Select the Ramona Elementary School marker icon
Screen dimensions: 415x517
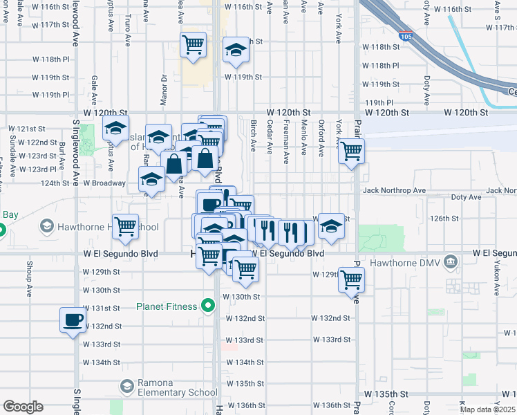pos(126,386)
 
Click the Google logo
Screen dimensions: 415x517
pos(22,407)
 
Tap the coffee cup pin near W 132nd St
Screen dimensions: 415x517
pos(73,320)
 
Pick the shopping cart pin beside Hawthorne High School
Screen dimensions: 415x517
pos(125,226)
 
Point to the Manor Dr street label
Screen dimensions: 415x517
pos(164,87)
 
